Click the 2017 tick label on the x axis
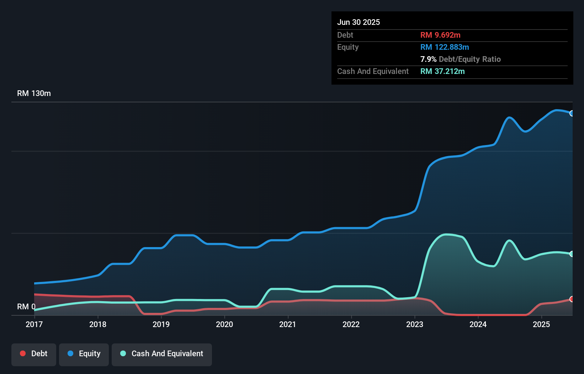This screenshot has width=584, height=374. click(x=34, y=324)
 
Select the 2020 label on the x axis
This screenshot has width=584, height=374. click(x=224, y=324)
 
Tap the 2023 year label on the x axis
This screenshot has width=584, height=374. click(x=415, y=324)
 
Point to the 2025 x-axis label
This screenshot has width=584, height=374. click(x=541, y=324)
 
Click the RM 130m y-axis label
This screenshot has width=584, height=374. click(x=34, y=93)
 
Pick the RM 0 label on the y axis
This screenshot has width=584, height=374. click(x=26, y=306)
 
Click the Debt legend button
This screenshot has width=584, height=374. click(x=34, y=354)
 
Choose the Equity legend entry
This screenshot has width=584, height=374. click(x=84, y=354)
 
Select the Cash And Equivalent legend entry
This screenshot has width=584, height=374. click(x=162, y=354)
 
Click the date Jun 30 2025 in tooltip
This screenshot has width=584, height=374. click(x=359, y=22)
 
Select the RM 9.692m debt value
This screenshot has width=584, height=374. click(x=440, y=35)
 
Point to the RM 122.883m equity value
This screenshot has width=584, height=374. click(x=445, y=47)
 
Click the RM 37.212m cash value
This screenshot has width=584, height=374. click(x=442, y=71)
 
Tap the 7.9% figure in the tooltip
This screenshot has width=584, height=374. click(x=428, y=59)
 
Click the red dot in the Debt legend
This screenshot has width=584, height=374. click(x=23, y=353)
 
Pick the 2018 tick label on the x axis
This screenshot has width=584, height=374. click(x=98, y=324)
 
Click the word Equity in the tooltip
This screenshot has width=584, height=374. click(x=348, y=47)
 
